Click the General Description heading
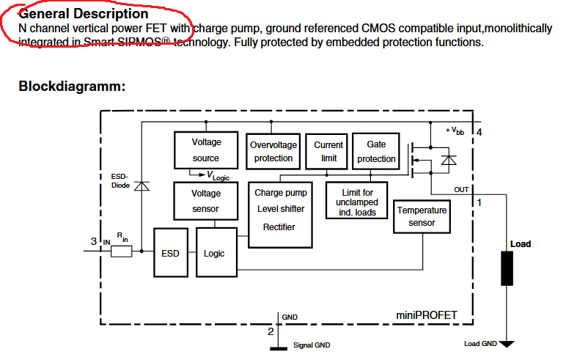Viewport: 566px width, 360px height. pyautogui.click(x=83, y=13)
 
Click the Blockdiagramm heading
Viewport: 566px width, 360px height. pyautogui.click(x=72, y=87)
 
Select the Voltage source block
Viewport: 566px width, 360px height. pyautogui.click(x=206, y=150)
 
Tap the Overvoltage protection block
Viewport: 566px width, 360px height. pyautogui.click(x=273, y=151)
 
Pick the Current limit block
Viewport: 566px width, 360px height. pyautogui.click(x=328, y=151)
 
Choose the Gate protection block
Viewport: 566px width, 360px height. pyautogui.click(x=376, y=151)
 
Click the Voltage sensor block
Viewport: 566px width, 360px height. pyautogui.click(x=206, y=201)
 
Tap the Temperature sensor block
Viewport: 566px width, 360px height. pyautogui.click(x=422, y=216)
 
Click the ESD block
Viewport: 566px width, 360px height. pyautogui.click(x=170, y=254)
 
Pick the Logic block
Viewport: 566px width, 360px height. pyautogui.click(x=214, y=254)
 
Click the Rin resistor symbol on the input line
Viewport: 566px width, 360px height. pyautogui.click(x=121, y=251)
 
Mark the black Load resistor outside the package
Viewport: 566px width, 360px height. pyautogui.click(x=507, y=268)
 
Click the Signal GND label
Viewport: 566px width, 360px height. pyautogui.click(x=312, y=345)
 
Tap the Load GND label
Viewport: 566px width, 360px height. pyautogui.click(x=480, y=343)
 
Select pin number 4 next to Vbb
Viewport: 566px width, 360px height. pyautogui.click(x=479, y=132)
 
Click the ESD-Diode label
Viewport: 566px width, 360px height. pyautogui.click(x=120, y=180)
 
